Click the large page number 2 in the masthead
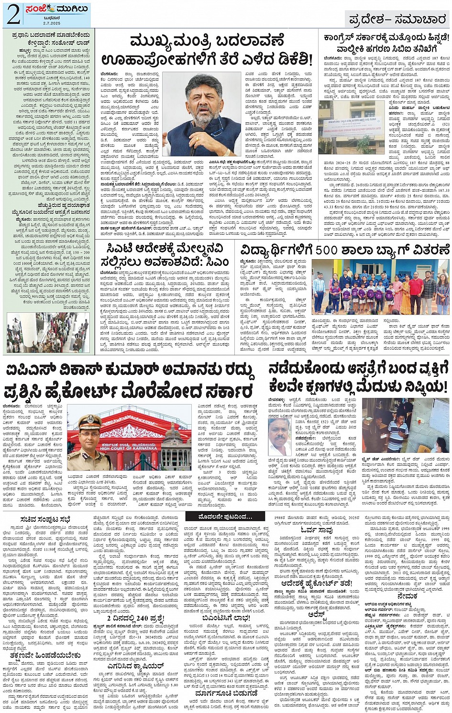coord(13,15)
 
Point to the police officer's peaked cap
coord(90,421)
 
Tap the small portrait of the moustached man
coord(280,437)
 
